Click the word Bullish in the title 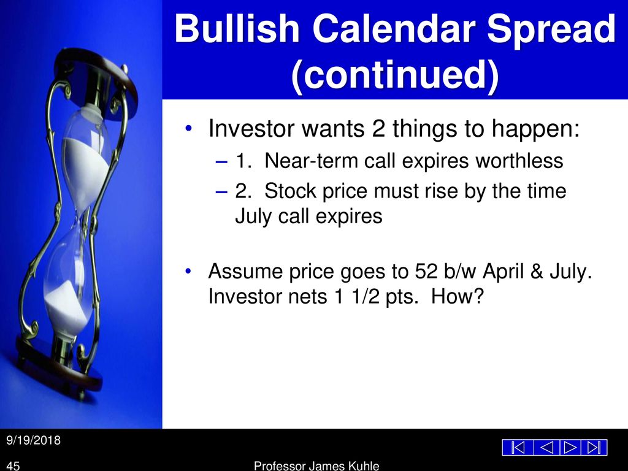pos(237,28)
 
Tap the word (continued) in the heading pos(395,74)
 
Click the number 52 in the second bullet pos(426,271)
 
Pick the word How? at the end pos(458,296)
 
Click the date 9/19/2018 pos(33,440)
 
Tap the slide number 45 pos(13,466)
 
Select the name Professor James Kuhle pos(316,466)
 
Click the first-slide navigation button pos(518,447)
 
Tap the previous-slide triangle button pos(546,447)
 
